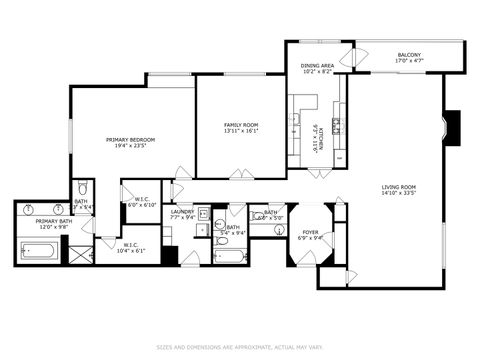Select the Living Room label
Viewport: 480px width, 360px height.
click(x=398, y=190)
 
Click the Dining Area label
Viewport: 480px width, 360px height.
click(x=318, y=69)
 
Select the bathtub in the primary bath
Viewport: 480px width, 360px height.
click(x=37, y=250)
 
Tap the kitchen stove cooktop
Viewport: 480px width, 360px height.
click(x=337, y=124)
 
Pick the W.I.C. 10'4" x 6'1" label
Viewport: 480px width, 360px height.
click(x=130, y=247)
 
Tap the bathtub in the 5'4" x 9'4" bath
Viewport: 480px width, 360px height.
click(x=229, y=255)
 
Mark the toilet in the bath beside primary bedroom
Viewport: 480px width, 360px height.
click(x=82, y=187)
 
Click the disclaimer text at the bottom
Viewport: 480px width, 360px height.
click(x=239, y=348)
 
